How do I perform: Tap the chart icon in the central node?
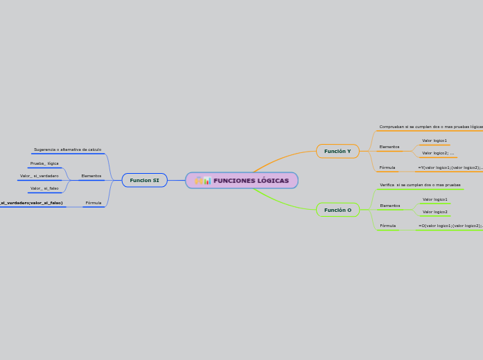point(207,181)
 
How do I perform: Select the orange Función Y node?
point(337,151)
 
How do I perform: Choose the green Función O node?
point(337,210)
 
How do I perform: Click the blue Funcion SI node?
point(144,180)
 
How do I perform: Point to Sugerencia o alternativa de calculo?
point(67,150)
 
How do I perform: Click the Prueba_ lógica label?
point(44,163)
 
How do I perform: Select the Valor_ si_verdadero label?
point(39,176)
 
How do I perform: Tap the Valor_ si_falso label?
point(44,188)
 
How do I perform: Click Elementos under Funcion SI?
point(91,176)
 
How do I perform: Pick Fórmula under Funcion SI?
point(93,203)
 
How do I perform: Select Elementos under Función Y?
point(389,147)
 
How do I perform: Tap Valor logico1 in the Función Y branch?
point(434,141)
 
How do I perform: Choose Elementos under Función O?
point(389,206)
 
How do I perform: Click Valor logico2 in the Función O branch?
point(434,212)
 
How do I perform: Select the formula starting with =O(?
point(450,226)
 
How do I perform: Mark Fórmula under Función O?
point(387,226)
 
